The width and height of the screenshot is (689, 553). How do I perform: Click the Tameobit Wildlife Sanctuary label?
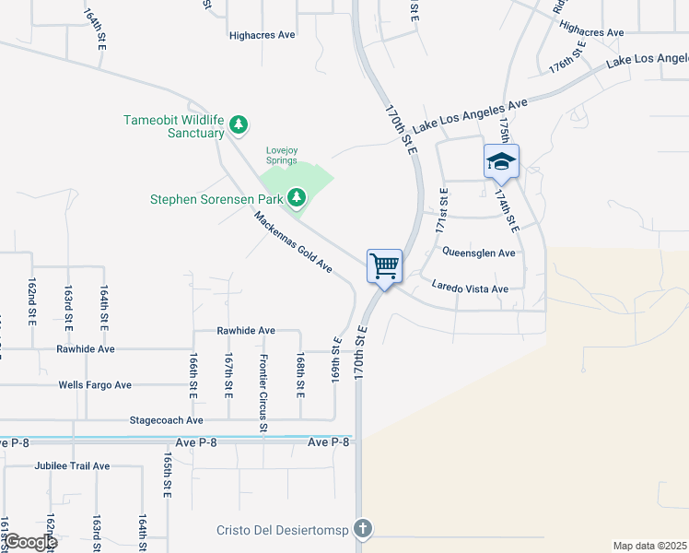click(x=175, y=126)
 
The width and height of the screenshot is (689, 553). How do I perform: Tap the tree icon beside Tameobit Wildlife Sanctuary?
click(x=239, y=124)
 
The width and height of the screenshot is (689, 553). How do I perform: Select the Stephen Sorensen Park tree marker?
click(x=297, y=196)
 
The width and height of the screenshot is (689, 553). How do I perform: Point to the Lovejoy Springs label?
click(x=282, y=155)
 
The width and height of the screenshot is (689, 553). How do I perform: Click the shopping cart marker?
click(x=385, y=265)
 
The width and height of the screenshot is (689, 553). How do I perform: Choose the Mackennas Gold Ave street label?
click(x=293, y=242)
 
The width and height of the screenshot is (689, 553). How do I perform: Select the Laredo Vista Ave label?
click(x=470, y=288)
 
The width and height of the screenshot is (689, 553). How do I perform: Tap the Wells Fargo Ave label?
click(x=95, y=385)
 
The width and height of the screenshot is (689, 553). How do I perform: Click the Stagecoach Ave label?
click(x=167, y=420)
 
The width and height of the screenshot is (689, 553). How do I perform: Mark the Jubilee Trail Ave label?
click(x=72, y=466)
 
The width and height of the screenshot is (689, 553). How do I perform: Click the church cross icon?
click(x=364, y=528)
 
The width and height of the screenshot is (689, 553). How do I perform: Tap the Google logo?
click(x=29, y=541)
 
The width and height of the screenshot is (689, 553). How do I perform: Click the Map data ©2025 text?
click(x=649, y=546)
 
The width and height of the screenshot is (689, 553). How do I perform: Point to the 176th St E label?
click(x=567, y=57)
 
